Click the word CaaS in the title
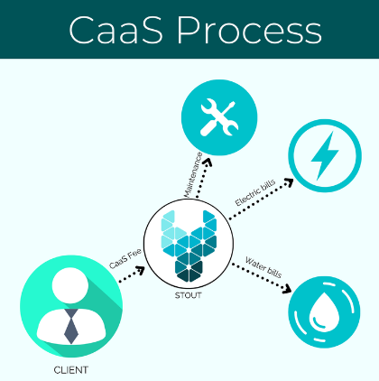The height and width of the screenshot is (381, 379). pyautogui.click(x=116, y=30)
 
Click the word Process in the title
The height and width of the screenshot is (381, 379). pyautogui.click(x=250, y=30)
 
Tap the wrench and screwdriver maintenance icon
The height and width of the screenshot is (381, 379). pyautogui.click(x=219, y=118)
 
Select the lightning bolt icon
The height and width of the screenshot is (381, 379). pyautogui.click(x=325, y=155)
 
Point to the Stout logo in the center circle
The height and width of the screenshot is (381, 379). pyautogui.click(x=189, y=246)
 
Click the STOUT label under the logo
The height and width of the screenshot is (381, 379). pyautogui.click(x=189, y=295)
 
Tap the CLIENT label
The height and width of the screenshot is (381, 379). pyautogui.click(x=71, y=370)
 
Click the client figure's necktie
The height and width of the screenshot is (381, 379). pyautogui.click(x=71, y=326)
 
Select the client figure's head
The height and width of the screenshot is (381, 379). pyautogui.click(x=70, y=285)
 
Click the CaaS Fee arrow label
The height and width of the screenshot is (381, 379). pyautogui.click(x=125, y=259)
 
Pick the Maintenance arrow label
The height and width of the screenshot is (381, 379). pyautogui.click(x=193, y=175)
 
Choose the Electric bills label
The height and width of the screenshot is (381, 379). pyautogui.click(x=255, y=192)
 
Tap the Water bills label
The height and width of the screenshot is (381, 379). pyautogui.click(x=263, y=267)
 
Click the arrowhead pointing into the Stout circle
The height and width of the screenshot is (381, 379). pyautogui.click(x=141, y=270)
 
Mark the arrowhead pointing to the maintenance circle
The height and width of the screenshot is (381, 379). pyautogui.click(x=207, y=163)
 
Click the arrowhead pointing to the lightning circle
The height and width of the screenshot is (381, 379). pyautogui.click(x=289, y=181)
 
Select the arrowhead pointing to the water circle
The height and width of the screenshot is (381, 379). pyautogui.click(x=287, y=289)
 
